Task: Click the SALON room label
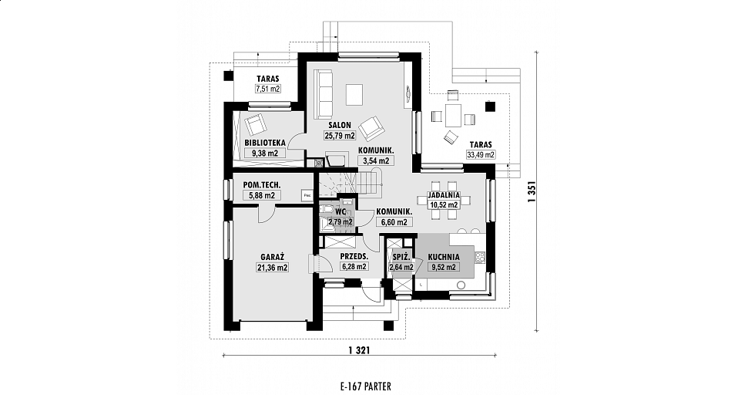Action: (340, 126)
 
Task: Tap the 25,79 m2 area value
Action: (340, 136)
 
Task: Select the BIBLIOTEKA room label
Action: (265, 143)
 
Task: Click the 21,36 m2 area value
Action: (273, 268)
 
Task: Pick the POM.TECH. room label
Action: (262, 185)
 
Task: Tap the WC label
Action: (341, 212)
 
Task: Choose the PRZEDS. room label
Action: (354, 257)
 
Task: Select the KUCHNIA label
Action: (444, 257)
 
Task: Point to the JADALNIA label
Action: (444, 195)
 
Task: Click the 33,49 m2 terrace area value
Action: (480, 154)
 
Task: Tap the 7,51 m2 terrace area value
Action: (268, 88)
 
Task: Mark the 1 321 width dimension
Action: (360, 350)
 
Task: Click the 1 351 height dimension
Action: (532, 192)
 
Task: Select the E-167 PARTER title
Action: (365, 387)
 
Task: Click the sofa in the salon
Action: (324, 94)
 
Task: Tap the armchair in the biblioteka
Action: (255, 123)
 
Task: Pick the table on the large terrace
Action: (454, 116)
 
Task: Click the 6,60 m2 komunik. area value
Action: (394, 222)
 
